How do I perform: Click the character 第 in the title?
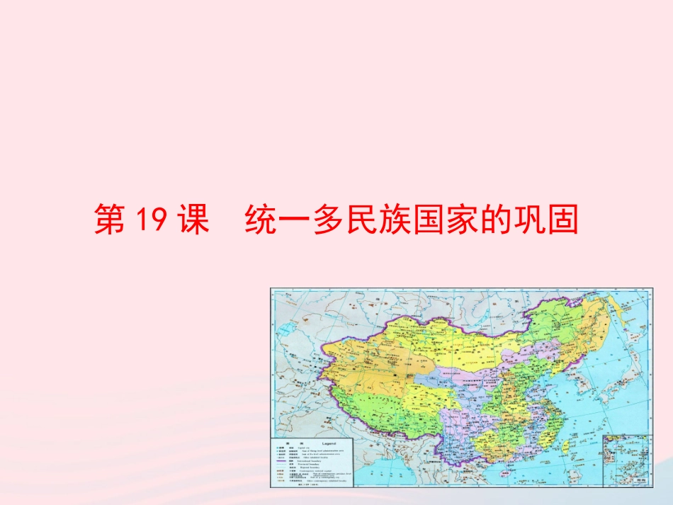[x=111, y=220]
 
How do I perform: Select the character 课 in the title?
[x=191, y=220]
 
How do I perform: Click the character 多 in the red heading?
[x=333, y=220]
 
